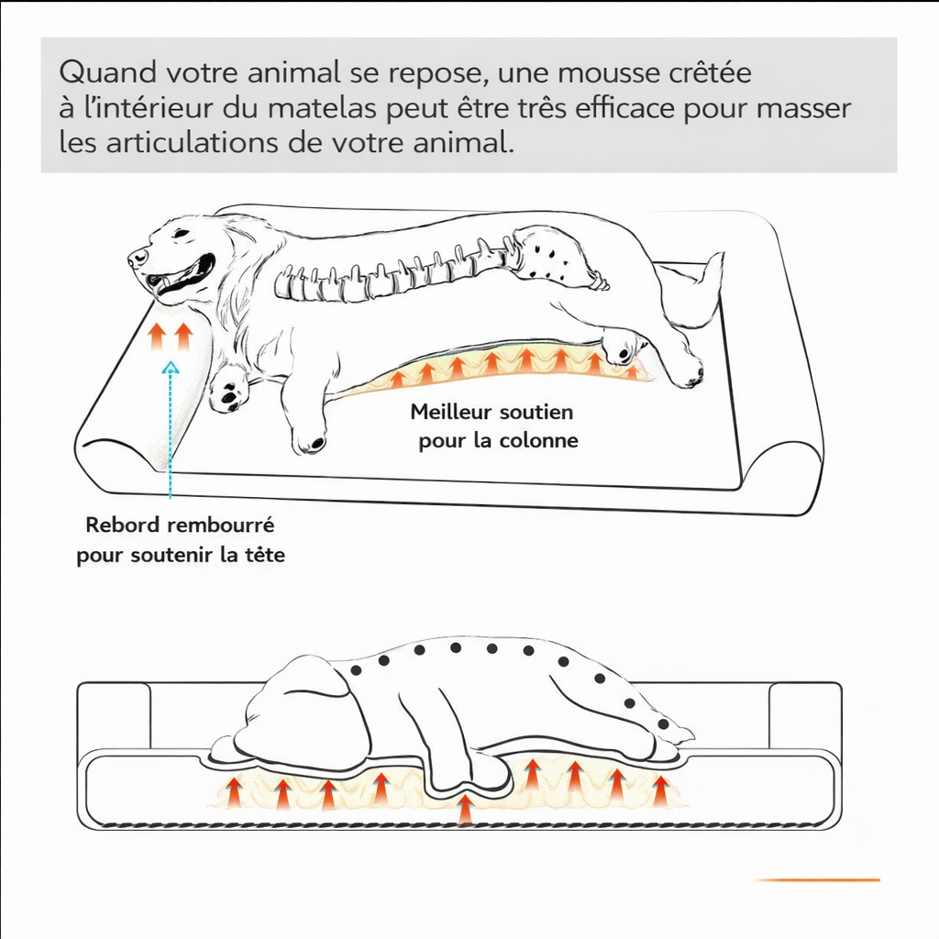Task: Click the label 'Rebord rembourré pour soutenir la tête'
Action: tap(180, 540)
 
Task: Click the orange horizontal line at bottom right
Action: tap(816, 880)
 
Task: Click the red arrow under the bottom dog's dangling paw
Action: tap(467, 808)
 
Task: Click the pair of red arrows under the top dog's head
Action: tap(170, 337)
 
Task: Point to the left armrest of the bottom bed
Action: tap(114, 714)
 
